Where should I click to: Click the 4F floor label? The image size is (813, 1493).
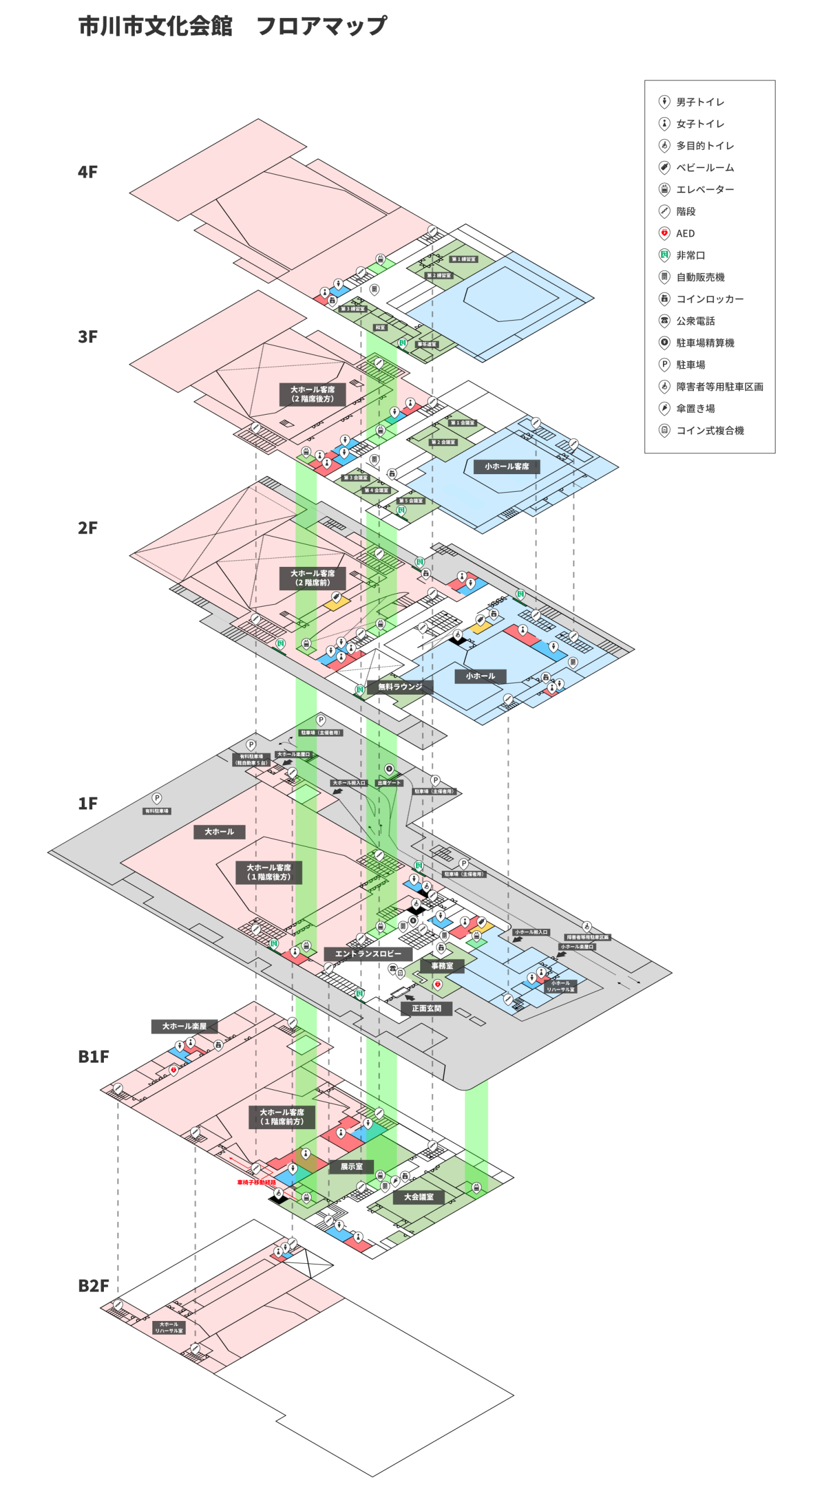88,172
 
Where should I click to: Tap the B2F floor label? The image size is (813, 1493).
93,1286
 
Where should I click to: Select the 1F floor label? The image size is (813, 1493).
88,803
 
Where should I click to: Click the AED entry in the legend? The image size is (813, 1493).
685,233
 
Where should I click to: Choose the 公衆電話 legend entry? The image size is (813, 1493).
695,321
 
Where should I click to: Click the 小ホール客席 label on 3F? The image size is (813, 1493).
507,467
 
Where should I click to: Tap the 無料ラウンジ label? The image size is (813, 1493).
400,686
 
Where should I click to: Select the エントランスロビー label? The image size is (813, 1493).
368,954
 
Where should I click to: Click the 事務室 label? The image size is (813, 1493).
442,966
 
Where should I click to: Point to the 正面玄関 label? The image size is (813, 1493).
426,1008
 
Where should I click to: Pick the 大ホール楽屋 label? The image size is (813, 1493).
184,1026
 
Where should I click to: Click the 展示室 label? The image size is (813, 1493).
351,1166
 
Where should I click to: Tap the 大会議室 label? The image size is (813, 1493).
419,1197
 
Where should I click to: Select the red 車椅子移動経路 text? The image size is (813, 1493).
256,1182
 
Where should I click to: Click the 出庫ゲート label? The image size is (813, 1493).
389,783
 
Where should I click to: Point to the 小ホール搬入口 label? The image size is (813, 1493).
531,932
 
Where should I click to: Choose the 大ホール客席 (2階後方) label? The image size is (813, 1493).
313,394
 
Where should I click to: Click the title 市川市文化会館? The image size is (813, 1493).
155,26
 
